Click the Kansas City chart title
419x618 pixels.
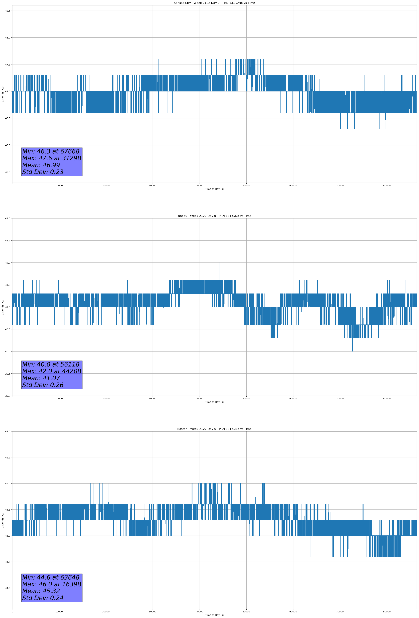[214, 3]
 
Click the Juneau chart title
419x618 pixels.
[214, 216]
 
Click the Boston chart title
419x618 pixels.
[214, 429]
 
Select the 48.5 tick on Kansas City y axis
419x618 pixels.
[8, 11]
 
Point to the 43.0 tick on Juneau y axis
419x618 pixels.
[8, 218]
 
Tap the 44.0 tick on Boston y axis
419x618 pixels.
[8, 588]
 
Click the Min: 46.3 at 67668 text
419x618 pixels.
[51, 151]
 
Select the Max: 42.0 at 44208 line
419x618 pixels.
[52, 371]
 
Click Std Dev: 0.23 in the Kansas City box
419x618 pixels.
[43, 172]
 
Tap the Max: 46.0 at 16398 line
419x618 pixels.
[52, 584]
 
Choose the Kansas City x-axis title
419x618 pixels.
[214, 189]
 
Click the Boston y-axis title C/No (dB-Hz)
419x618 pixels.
[3, 520]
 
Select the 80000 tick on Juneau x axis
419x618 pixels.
[387, 398]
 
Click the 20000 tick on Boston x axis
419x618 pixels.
[106, 611]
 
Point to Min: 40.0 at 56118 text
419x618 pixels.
[51, 364]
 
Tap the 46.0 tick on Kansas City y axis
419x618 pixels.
[8, 145]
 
